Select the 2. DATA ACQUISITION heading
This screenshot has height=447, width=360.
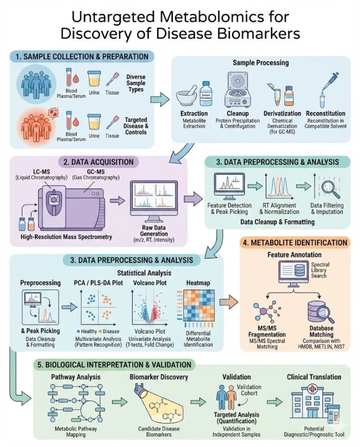tap(99, 162)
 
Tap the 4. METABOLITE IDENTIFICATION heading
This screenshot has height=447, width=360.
tap(301, 242)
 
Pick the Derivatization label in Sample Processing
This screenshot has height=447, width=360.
tap(280, 114)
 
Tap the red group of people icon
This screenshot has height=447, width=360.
tap(35, 124)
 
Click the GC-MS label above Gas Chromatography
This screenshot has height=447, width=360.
tap(84, 173)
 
